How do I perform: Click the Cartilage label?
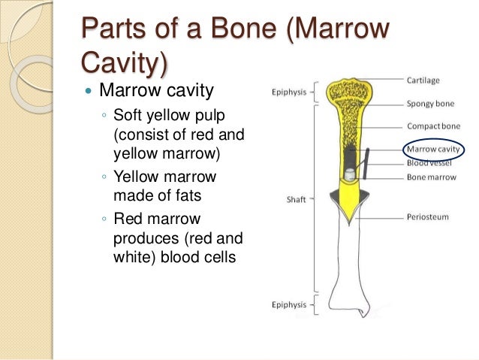click(x=423, y=80)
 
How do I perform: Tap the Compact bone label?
click(x=429, y=126)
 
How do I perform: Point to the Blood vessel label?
click(x=428, y=162)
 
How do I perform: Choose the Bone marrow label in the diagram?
click(x=428, y=177)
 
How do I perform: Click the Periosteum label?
click(x=428, y=217)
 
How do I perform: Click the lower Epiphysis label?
click(x=288, y=304)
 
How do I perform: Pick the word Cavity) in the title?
click(x=125, y=65)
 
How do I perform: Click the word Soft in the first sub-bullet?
click(x=126, y=116)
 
